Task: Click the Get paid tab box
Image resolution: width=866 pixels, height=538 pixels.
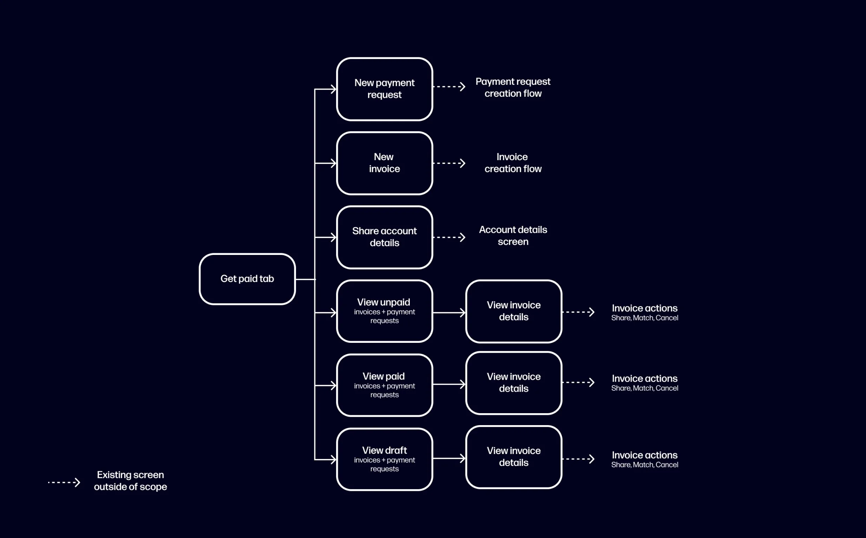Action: coord(247,279)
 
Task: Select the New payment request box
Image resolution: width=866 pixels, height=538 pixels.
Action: coord(384,89)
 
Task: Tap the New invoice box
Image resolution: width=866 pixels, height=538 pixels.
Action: coord(384,163)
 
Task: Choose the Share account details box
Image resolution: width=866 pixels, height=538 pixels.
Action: coord(384,237)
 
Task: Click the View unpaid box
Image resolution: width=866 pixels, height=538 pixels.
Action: coord(384,311)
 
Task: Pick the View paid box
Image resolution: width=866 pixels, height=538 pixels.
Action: coord(384,385)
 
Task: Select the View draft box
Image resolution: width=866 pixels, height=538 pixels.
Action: coord(384,459)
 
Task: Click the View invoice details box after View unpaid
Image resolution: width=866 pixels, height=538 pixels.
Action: coord(513,311)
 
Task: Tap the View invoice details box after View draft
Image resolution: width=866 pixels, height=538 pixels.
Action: coord(513,457)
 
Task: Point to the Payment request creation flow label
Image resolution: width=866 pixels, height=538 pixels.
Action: coord(513,88)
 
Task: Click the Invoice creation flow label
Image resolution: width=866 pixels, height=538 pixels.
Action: coord(513,163)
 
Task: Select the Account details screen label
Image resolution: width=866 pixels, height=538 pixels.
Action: coord(513,236)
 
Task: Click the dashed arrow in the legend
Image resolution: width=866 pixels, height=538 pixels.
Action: coord(64,482)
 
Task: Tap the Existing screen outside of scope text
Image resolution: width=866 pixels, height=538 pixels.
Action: coord(130,481)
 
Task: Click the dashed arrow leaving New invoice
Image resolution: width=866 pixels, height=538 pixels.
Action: coord(449,163)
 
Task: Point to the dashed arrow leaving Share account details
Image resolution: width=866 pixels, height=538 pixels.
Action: coord(449,237)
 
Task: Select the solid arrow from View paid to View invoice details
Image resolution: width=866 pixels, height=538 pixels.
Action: coord(449,384)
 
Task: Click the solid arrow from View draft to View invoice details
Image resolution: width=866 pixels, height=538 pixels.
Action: coord(449,458)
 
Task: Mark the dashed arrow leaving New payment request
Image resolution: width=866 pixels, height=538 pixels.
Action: coord(449,87)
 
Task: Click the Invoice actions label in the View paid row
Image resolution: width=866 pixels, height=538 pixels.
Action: coord(644,383)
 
